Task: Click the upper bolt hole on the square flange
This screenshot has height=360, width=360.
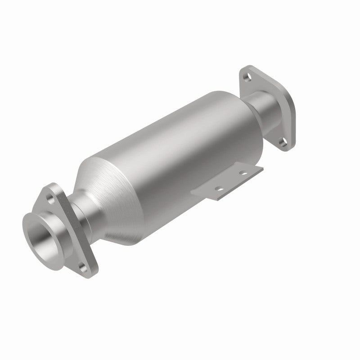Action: click(x=247, y=77)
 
